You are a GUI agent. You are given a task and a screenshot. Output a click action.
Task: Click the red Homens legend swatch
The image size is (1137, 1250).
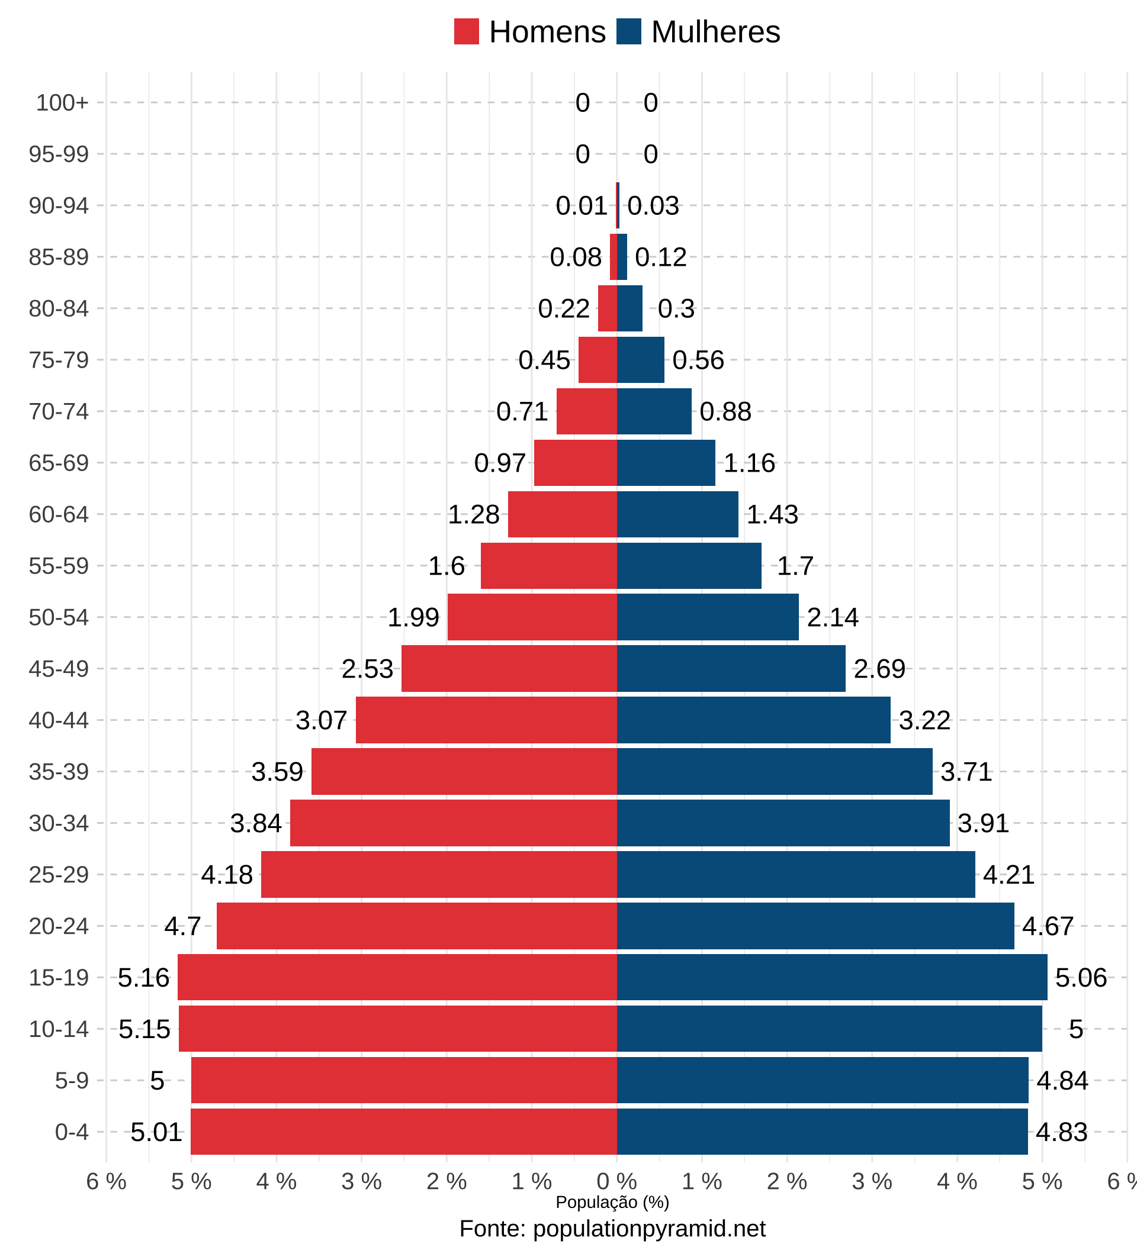pyautogui.click(x=466, y=31)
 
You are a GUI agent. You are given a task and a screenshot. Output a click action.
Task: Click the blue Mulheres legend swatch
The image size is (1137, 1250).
pyautogui.click(x=628, y=31)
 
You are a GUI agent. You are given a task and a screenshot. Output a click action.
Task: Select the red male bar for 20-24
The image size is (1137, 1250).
pyautogui.click(x=416, y=926)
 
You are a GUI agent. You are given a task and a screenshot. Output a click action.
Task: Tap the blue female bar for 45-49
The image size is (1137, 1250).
pyautogui.click(x=731, y=668)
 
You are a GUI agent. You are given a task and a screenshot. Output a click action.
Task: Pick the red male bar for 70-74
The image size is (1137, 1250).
pyautogui.click(x=586, y=411)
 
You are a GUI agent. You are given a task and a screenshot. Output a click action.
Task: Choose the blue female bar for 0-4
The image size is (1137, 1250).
pyautogui.click(x=822, y=1132)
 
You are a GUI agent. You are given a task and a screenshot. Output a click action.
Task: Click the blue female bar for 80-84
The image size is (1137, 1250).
pyautogui.click(x=629, y=308)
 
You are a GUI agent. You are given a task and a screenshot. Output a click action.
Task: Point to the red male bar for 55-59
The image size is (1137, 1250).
pyautogui.click(x=548, y=565)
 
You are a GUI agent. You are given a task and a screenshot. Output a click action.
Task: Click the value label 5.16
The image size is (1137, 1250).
pyautogui.click(x=143, y=978)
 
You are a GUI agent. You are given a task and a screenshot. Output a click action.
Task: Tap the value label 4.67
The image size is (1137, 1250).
pyautogui.click(x=1048, y=926)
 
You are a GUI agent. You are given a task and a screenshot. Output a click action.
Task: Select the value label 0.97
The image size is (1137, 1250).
pyautogui.click(x=500, y=463)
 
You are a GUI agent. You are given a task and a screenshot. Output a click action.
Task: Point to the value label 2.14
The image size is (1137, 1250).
pyautogui.click(x=833, y=617)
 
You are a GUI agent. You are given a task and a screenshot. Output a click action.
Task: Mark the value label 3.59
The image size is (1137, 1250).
pyautogui.click(x=277, y=772)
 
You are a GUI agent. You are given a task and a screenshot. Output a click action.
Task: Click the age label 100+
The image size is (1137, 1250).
pyautogui.click(x=62, y=103)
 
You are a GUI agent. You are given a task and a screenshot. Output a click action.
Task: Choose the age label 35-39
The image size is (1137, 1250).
pyautogui.click(x=59, y=772)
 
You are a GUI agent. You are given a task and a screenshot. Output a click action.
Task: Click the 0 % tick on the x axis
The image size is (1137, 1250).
pyautogui.click(x=616, y=1183)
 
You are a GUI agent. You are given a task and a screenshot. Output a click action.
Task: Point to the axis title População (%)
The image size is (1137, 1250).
pyautogui.click(x=612, y=1202)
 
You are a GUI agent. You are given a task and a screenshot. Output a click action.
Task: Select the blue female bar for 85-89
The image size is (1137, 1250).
pyautogui.click(x=622, y=257)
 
